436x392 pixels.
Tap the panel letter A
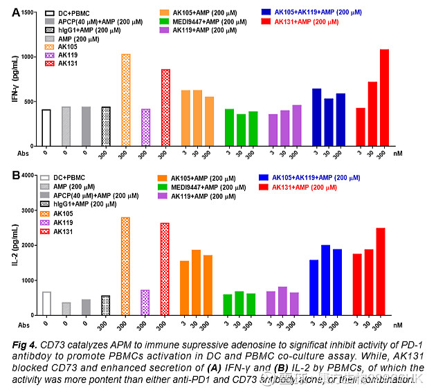click(6, 11)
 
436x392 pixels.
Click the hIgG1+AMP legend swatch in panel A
click(49, 31)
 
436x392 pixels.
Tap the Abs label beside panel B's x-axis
click(24, 324)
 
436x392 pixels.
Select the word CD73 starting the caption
click(54, 344)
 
